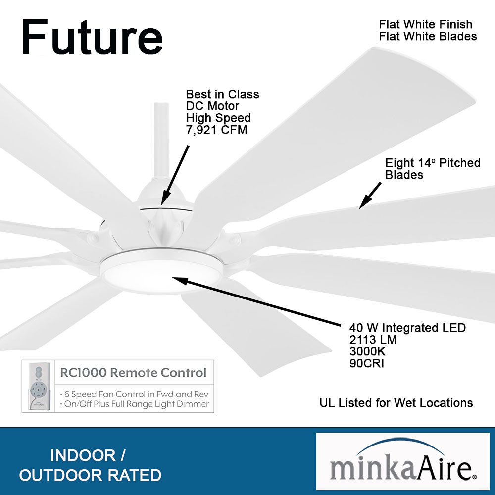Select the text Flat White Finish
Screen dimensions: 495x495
coord(425,24)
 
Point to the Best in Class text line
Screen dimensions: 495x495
coord(222,94)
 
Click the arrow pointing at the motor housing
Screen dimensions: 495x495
coord(176,174)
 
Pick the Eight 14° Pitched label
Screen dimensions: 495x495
coord(433,163)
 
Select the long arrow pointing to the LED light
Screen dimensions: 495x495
coord(257,303)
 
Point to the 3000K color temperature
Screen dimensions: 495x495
coord(367,351)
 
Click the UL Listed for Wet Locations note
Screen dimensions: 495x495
coord(396,403)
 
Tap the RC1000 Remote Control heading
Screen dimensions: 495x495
coord(133,372)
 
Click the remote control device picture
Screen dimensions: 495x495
coord(39,386)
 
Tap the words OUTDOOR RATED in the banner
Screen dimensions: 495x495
coord(90,475)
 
